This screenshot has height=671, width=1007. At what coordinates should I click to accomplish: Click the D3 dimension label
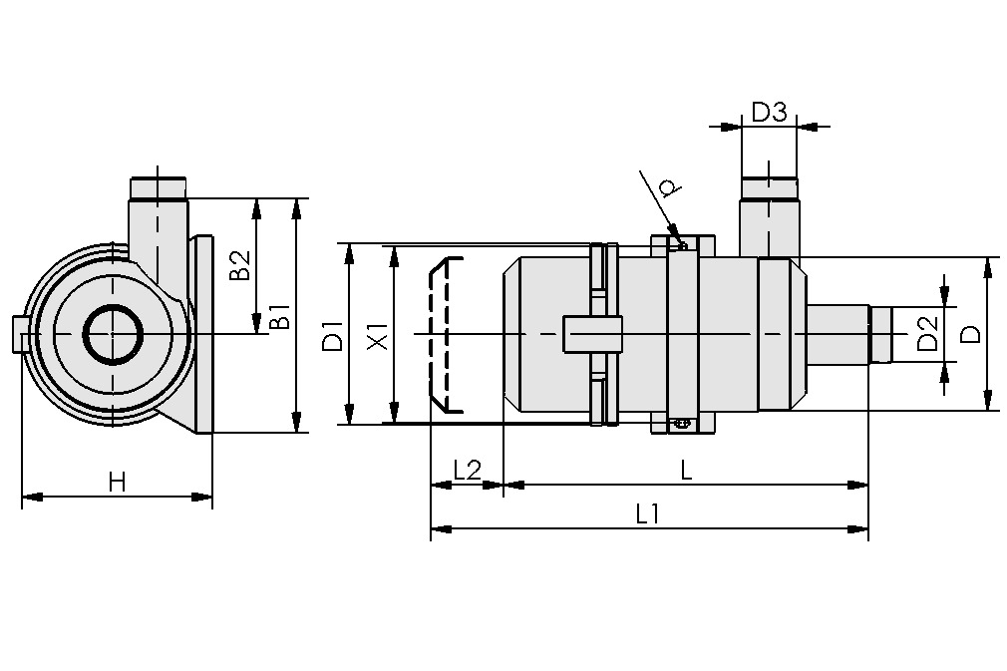coord(769,113)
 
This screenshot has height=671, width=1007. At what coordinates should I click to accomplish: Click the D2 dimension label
coord(928,334)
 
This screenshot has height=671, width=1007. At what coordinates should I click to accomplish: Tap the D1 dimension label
coord(332,335)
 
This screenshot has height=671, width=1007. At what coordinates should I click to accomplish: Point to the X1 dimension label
coord(378,335)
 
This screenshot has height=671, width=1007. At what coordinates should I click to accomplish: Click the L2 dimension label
coord(467,469)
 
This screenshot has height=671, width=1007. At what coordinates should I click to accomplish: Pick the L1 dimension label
coord(648,513)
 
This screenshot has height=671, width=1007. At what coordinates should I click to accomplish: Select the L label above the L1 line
coord(686,469)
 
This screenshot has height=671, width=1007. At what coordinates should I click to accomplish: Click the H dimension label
coord(117,483)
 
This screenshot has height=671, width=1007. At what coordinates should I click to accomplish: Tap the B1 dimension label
coord(282,316)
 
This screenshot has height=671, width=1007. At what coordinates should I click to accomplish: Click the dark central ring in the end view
coord(112,335)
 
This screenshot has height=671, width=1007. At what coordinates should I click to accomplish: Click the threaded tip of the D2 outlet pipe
coord(880,335)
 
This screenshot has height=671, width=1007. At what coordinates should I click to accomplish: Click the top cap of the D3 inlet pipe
coord(769,187)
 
